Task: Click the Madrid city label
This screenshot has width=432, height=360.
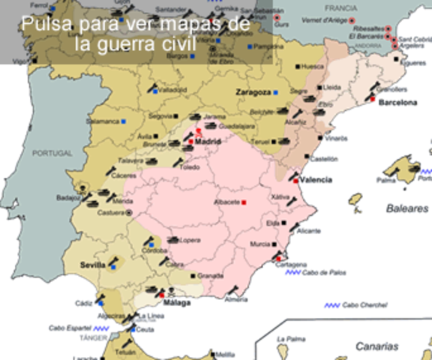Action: [208, 140]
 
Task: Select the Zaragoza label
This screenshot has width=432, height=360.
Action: [252, 91]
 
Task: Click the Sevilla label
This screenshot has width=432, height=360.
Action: [93, 265]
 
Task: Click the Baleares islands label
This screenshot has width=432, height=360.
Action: [407, 208]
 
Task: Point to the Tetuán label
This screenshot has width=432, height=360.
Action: [125, 352]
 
